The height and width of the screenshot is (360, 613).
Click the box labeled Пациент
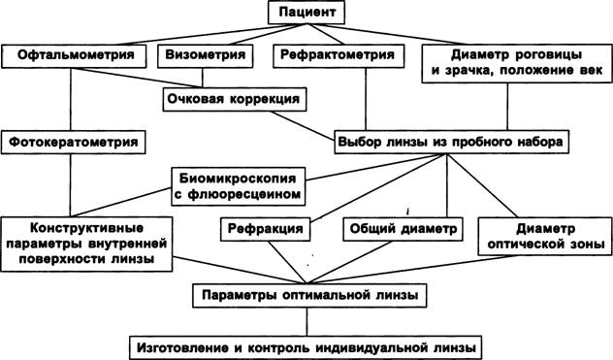[306, 13]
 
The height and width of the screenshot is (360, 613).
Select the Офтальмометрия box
[74, 56]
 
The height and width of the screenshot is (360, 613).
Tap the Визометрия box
[205, 56]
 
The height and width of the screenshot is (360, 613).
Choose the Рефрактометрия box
[339, 56]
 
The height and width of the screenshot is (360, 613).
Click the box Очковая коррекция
[234, 99]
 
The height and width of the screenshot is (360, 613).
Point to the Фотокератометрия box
[74, 142]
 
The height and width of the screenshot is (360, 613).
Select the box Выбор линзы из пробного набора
[451, 142]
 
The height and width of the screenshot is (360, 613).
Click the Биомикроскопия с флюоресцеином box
[238, 186]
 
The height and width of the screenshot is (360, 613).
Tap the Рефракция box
[265, 229]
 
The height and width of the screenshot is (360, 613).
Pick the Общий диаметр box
[403, 229]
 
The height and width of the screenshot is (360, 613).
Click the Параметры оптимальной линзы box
[309, 295]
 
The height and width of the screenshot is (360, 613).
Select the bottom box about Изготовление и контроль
[306, 347]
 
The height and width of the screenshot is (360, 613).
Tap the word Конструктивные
[86, 228]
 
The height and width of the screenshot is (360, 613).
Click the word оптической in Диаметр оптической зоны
[525, 245]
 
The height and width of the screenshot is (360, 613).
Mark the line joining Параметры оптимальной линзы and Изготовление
[306, 321]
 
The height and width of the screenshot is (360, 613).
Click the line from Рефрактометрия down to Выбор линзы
[366, 99]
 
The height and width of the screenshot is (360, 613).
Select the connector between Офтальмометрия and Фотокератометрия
[71, 99]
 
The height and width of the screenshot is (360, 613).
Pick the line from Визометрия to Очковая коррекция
[202, 78]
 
